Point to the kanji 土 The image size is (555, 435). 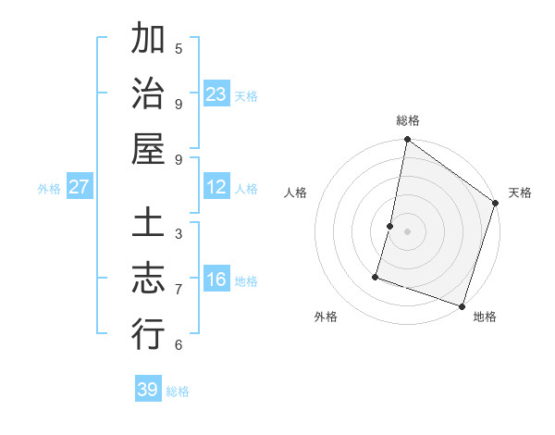click(x=148, y=225)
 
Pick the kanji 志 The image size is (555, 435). click(x=148, y=279)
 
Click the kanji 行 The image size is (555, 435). click(x=148, y=333)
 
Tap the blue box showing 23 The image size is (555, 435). click(x=216, y=94)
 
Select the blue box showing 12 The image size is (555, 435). click(x=216, y=187)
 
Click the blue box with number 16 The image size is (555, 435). click(x=216, y=280)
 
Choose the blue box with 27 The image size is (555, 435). click(x=80, y=187)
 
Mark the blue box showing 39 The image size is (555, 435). click(x=148, y=390)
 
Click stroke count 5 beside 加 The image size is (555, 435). click(x=179, y=48)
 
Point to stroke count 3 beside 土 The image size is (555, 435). click(x=179, y=233)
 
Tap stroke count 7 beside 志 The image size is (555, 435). click(x=179, y=289)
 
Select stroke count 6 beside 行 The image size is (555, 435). click(x=179, y=344)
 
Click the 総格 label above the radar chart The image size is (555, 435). click(x=408, y=120)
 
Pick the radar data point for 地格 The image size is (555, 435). click(x=462, y=305)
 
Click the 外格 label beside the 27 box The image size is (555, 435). click(x=49, y=188)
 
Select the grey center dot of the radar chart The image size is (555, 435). click(x=407, y=231)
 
